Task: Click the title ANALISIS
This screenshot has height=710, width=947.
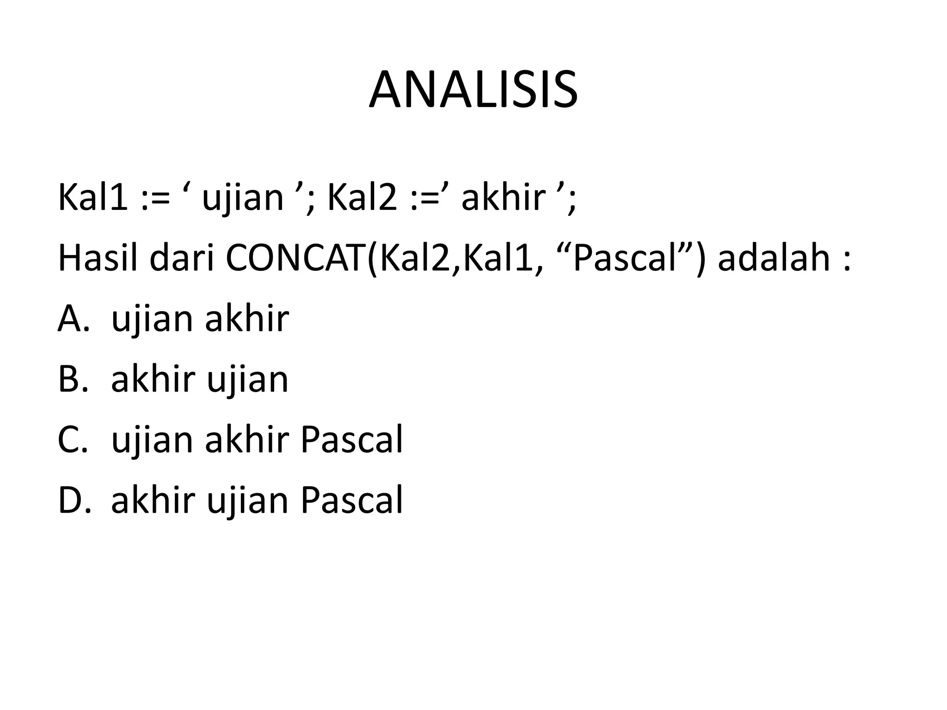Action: (x=473, y=90)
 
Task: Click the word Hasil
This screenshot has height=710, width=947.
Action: (x=98, y=257)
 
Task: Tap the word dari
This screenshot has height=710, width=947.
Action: (x=182, y=257)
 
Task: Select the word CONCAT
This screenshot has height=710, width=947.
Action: (x=295, y=257)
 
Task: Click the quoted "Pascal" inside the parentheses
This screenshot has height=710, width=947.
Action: (x=624, y=257)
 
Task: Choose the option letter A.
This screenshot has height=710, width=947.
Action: (x=73, y=319)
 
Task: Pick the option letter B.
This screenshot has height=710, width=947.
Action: (x=73, y=379)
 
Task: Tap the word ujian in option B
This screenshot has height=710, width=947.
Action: (x=247, y=379)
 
